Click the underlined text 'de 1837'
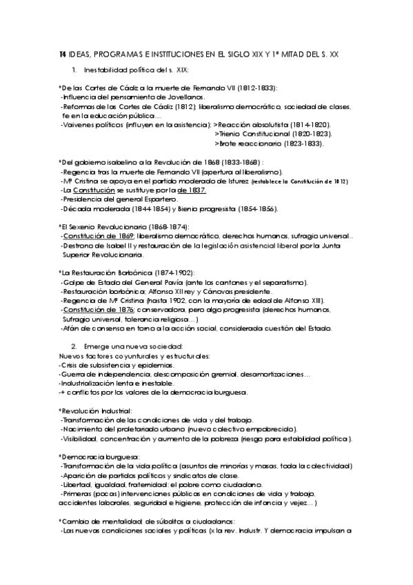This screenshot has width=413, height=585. (x=190, y=190)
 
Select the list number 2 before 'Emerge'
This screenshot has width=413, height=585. (x=74, y=346)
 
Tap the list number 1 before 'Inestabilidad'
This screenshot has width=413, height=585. (x=74, y=70)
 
